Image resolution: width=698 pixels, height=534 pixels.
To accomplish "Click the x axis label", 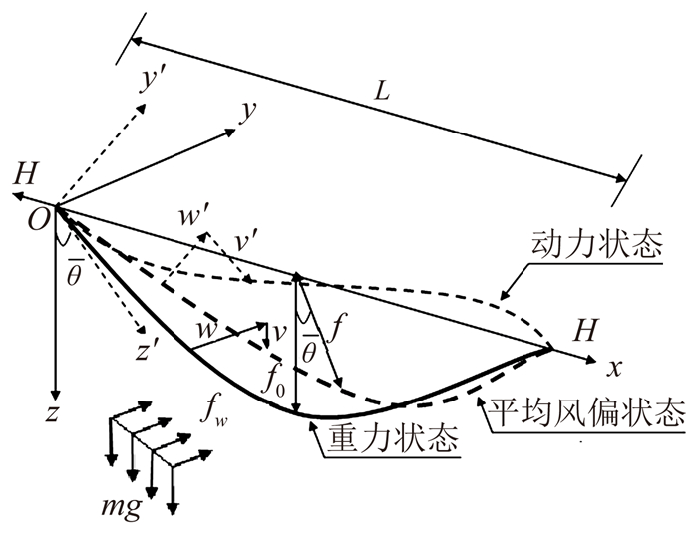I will tap(614, 367).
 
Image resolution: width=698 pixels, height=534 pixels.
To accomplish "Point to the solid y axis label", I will tap(243, 112).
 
